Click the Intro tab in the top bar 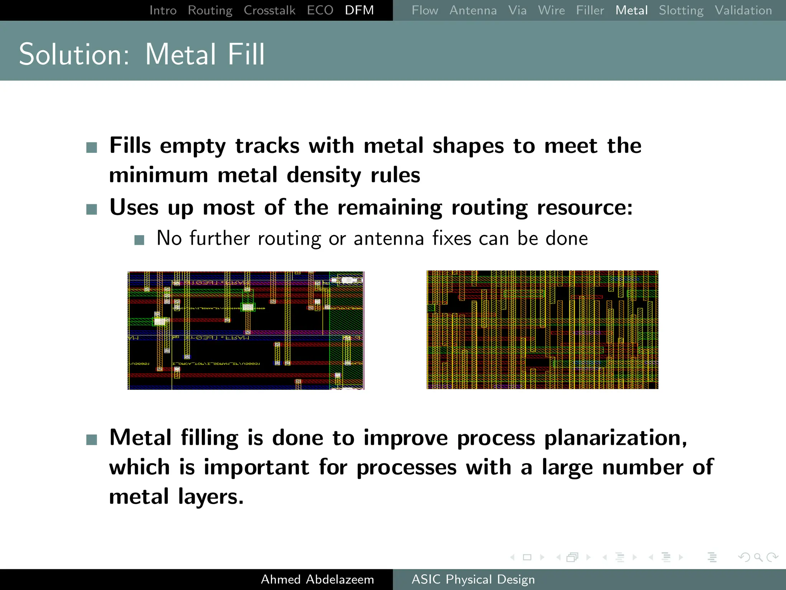[x=163, y=10]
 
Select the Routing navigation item [x=210, y=10]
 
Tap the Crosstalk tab [x=269, y=10]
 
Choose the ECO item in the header [x=320, y=10]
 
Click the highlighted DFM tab [x=359, y=10]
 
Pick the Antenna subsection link [x=473, y=10]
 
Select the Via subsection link [x=517, y=10]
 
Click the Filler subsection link [x=590, y=10]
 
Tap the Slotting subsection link [x=681, y=10]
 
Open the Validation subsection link [x=743, y=10]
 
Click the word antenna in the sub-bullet [x=388, y=238]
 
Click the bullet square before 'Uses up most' [x=92, y=209]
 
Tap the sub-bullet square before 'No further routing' [x=139, y=240]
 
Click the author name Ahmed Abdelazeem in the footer [x=317, y=579]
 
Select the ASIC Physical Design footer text [x=473, y=579]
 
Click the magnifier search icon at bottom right [x=758, y=557]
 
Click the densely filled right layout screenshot [x=542, y=330]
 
